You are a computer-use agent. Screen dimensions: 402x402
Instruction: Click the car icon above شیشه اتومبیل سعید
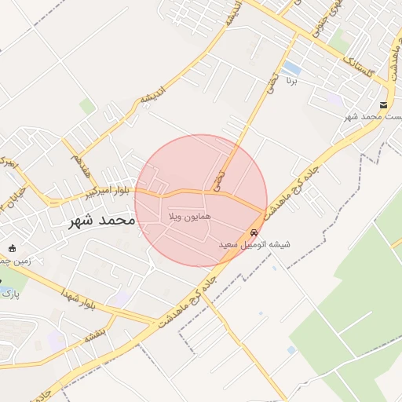tap(254, 233)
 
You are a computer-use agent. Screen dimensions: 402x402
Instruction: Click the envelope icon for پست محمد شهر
tap(383, 105)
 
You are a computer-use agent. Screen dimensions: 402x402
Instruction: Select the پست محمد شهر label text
tap(374, 117)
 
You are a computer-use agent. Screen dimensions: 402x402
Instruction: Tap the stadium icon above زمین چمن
tap(11, 248)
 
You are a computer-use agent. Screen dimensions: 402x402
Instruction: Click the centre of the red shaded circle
tap(201, 200)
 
